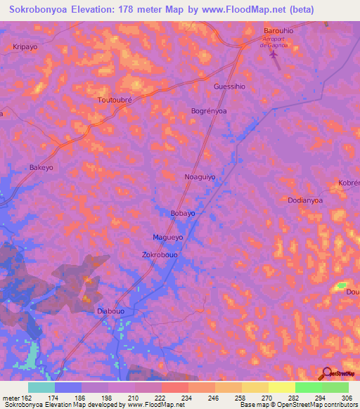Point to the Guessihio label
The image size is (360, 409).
[229, 86]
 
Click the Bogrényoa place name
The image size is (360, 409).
[209, 111]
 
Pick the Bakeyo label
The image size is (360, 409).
[41, 168]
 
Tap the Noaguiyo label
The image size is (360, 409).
[200, 177]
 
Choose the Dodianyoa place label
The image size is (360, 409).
[305, 200]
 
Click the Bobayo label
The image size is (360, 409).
[183, 213]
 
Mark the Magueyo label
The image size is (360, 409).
[168, 238]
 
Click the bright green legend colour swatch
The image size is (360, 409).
[308, 387]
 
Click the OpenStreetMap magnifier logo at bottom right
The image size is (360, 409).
[327, 372]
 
